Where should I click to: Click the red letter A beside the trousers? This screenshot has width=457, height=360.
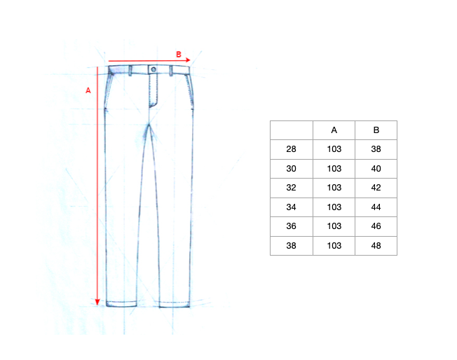pyautogui.click(x=88, y=90)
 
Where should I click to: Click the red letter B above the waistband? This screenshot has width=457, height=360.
pyautogui.click(x=179, y=54)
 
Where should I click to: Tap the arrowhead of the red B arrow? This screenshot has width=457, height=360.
pyautogui.click(x=188, y=60)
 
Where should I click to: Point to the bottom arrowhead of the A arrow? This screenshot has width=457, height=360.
pyautogui.click(x=97, y=302)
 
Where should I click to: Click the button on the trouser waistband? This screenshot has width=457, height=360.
pyautogui.click(x=154, y=69)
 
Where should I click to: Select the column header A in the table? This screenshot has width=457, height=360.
pyautogui.click(x=334, y=130)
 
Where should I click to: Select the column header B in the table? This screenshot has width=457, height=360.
pyautogui.click(x=376, y=130)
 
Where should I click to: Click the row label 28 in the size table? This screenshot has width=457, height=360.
pyautogui.click(x=291, y=149)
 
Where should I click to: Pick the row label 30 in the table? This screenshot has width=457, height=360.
pyautogui.click(x=291, y=169)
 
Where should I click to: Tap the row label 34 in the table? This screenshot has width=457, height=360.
pyautogui.click(x=291, y=207)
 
